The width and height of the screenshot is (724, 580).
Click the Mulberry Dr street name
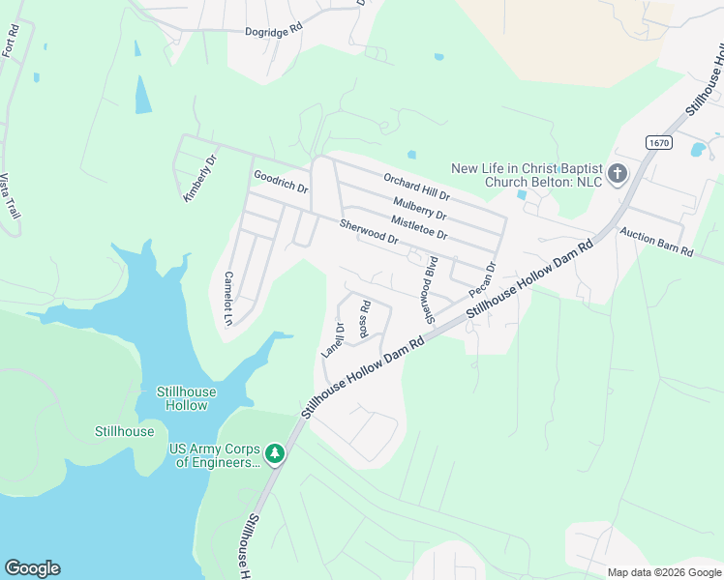coord(420,208)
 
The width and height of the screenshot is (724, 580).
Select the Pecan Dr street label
coord(482,280)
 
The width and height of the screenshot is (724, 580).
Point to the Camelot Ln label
coord(229,297)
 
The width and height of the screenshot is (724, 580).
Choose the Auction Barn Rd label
coord(657,242)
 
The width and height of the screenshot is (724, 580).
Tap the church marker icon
coord(618,175)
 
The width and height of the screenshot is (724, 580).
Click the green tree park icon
coord(276,453)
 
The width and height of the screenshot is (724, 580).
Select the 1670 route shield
coord(659,142)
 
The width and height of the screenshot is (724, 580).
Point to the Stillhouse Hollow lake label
coord(187,398)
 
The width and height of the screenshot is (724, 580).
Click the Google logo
coord(32,568)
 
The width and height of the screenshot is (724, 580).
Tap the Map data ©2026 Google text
coord(663,572)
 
